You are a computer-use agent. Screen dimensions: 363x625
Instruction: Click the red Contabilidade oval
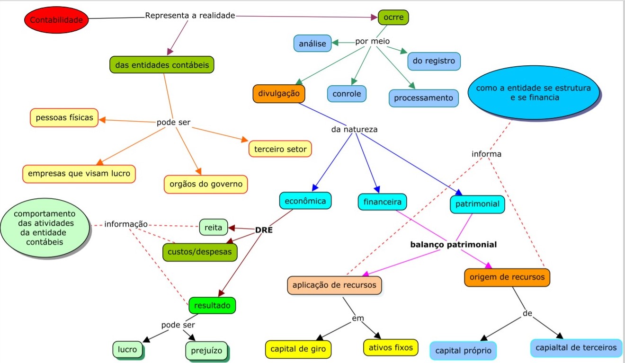coord(56,20)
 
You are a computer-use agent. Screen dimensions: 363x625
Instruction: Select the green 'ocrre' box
coord(393,18)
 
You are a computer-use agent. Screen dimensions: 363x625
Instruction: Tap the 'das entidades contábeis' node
coord(162,65)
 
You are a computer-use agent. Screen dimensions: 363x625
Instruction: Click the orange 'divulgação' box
coord(278,93)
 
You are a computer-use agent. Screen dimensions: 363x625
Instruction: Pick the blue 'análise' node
coord(312,44)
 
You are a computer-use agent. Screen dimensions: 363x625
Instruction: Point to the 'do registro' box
coord(433,61)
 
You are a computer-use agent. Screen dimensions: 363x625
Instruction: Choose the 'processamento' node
coord(423,98)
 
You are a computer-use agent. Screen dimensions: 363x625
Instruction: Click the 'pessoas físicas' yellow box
coord(64,117)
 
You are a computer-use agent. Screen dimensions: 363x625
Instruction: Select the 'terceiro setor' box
coord(280,149)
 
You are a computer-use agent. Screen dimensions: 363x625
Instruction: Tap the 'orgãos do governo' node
coord(205,184)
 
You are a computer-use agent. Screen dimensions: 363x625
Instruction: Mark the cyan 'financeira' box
coord(382,202)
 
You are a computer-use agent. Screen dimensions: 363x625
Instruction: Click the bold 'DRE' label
coord(264,230)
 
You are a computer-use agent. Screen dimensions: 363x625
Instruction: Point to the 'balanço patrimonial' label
coord(453,245)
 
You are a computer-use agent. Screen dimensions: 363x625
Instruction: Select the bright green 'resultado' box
coord(212,305)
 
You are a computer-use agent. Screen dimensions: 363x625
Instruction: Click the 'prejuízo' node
coord(206,351)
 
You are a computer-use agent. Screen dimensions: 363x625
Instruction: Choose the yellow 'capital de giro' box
coord(297,349)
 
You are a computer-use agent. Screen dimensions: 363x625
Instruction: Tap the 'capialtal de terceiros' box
coord(576,348)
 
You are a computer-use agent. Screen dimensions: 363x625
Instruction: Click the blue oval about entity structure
coord(533,93)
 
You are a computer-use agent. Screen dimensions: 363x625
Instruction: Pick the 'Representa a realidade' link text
coord(190,16)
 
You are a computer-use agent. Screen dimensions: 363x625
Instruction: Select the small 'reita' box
coord(214,227)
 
